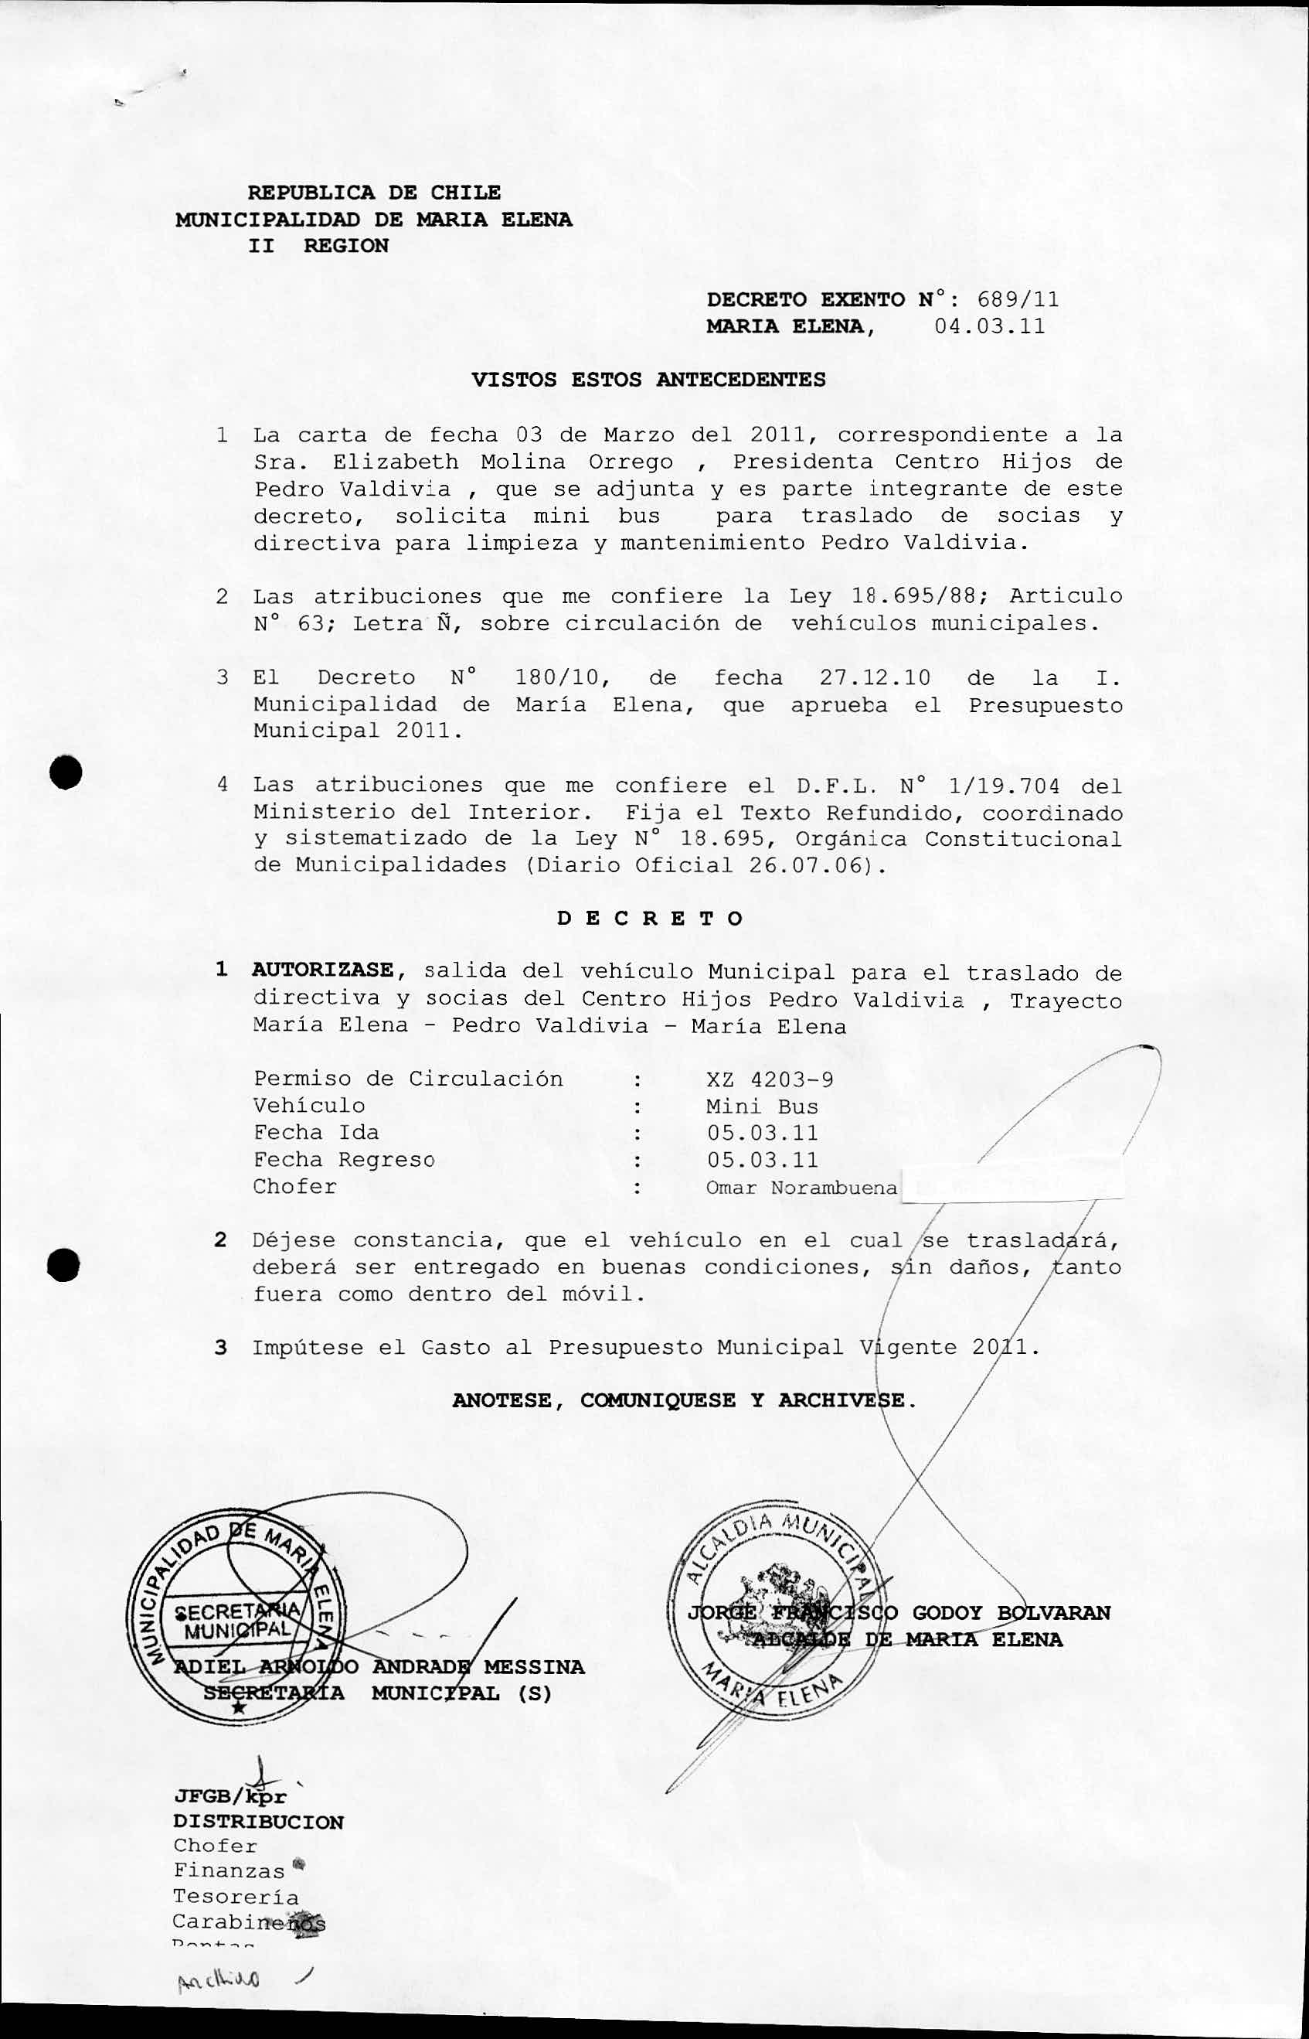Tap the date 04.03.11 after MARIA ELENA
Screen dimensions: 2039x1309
click(x=989, y=326)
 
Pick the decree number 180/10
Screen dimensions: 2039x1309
click(x=559, y=677)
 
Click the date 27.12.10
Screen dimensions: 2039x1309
click(x=875, y=677)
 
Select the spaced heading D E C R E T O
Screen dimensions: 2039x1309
click(x=651, y=919)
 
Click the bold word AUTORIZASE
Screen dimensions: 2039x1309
click(x=323, y=970)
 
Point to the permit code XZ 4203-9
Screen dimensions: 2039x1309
click(x=770, y=1080)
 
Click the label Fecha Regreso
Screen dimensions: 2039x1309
click(x=343, y=1160)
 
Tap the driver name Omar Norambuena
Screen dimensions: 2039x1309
click(x=801, y=1188)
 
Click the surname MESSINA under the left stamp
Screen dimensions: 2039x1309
click(x=534, y=1667)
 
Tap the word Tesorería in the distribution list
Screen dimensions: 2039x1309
click(x=236, y=1897)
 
